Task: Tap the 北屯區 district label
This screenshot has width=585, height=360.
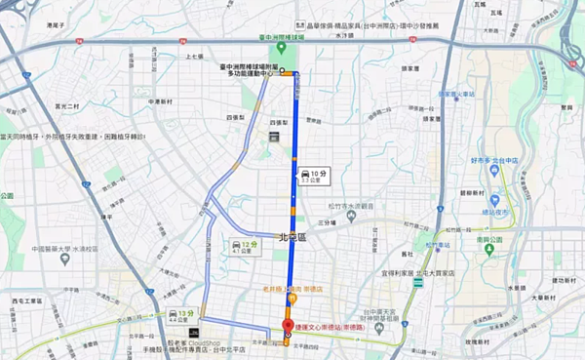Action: coord(292,236)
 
